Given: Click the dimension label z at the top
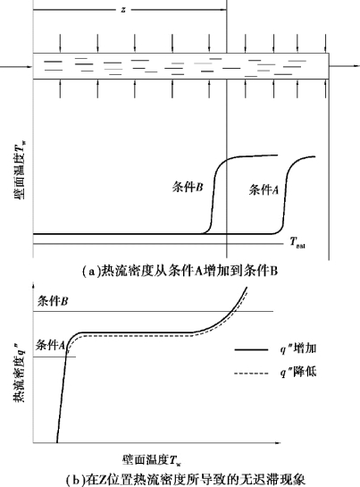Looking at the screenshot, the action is tap(123, 10).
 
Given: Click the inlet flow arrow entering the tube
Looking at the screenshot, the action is tap(16, 66).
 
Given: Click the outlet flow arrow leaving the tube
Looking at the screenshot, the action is tap(344, 66).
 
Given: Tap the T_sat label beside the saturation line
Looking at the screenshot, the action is tap(297, 242).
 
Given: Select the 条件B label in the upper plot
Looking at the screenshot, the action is tap(188, 187).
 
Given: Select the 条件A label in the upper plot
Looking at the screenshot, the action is tap(264, 189).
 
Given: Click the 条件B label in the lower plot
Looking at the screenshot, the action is tap(53, 301).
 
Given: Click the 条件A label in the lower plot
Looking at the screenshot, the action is tap(51, 345).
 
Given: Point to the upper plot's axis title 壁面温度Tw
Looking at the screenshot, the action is tap(20, 170).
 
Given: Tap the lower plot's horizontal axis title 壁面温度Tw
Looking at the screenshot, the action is tap(151, 460).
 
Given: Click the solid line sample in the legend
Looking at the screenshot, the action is tap(251, 350).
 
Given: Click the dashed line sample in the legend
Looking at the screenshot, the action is tap(251, 373).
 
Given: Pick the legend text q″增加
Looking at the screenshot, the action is tap(298, 348).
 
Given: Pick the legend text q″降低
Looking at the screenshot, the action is tap(298, 372).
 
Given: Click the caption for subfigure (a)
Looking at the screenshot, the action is tap(180, 271).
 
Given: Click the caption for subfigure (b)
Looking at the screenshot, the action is tap(186, 480).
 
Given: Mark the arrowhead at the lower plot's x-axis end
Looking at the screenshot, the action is tap(279, 442).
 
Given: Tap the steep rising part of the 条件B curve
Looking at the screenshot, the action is tap(213, 198).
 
